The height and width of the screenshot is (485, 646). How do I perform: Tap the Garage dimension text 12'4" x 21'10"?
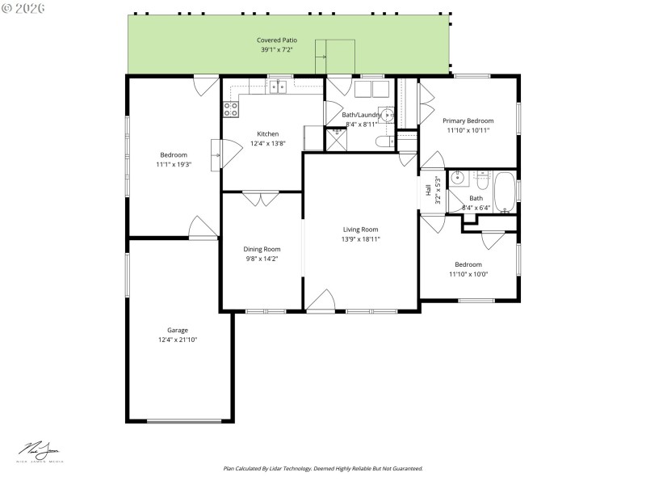click(178, 340)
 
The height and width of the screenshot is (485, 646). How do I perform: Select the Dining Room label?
click(262, 249)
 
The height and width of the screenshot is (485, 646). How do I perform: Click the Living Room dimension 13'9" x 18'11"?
click(360, 239)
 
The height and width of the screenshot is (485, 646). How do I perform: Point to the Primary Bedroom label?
click(469, 120)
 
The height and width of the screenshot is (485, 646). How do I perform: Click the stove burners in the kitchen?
click(230, 108)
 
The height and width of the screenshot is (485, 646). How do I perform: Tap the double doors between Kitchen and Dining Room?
click(262, 199)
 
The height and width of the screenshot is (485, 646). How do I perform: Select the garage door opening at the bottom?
click(185, 420)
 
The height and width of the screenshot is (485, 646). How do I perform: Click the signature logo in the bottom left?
click(41, 450)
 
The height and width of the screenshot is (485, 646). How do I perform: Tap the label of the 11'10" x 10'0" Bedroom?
click(468, 264)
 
